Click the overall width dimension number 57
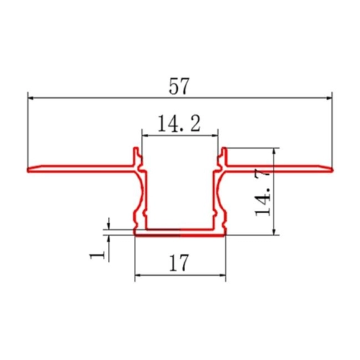pyautogui.click(x=179, y=86)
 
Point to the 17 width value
pyautogui.click(x=179, y=264)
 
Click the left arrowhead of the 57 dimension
pyautogui.click(x=30, y=94)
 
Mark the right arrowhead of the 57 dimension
pyautogui.click(x=330, y=94)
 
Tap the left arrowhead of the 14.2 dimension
pyautogui.click(x=143, y=133)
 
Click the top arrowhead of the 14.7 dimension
pyautogui.click(x=274, y=152)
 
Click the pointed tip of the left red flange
pyautogui.click(x=29, y=171)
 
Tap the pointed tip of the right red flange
pyautogui.click(x=333, y=170)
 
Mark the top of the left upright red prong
pyautogui.click(x=135, y=149)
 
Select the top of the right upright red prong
pyautogui.click(x=224, y=149)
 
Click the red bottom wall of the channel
pyautogui.click(x=179, y=232)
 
